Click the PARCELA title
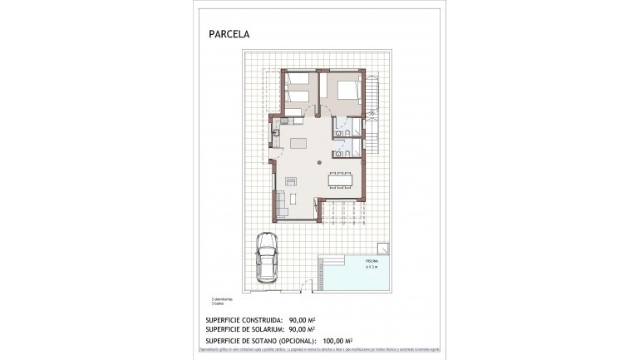coord(228,35)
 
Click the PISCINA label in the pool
coord(371,260)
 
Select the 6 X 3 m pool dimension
coord(371,268)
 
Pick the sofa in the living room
coord(281,200)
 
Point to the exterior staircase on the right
coord(371,108)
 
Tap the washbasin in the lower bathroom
coord(337,153)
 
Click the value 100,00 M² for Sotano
coord(337,341)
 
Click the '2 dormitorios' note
coord(222,299)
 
